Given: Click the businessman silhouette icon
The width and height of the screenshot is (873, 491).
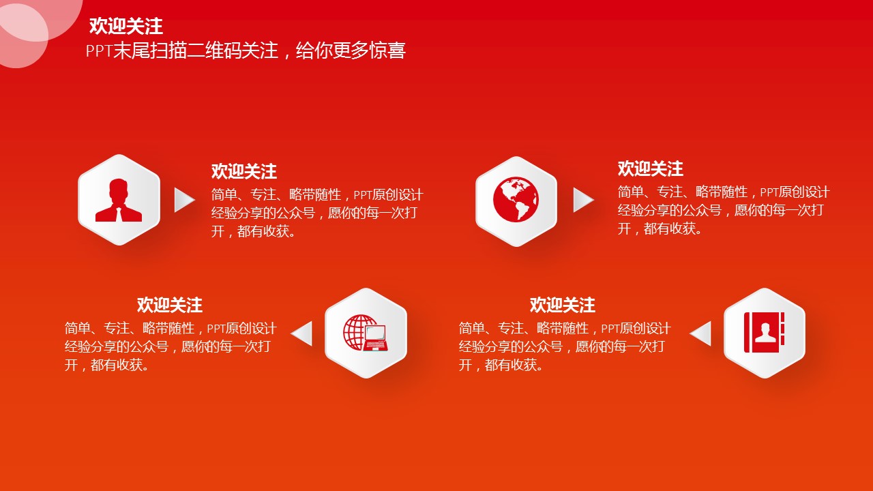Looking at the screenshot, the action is click(x=119, y=200).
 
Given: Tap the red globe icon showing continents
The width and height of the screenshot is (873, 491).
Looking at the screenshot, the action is click(x=516, y=200).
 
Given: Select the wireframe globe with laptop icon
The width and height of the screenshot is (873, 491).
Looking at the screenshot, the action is click(x=366, y=333).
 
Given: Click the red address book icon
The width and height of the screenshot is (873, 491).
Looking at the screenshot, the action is click(x=764, y=332).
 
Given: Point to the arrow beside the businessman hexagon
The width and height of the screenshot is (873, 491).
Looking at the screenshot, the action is click(x=184, y=200).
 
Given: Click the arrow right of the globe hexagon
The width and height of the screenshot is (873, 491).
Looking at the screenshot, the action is click(x=583, y=200).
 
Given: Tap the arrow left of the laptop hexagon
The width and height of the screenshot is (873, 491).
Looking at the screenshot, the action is click(x=302, y=333).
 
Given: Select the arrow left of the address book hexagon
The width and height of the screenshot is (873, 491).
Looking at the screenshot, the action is click(x=700, y=333).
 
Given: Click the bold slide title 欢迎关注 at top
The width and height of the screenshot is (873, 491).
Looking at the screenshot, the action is click(x=126, y=26).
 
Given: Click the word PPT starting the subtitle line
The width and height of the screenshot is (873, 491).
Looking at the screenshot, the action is click(x=99, y=51).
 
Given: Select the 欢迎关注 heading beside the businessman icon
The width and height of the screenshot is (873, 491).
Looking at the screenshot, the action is click(x=244, y=171).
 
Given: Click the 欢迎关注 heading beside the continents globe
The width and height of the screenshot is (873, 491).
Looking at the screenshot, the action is click(x=651, y=168).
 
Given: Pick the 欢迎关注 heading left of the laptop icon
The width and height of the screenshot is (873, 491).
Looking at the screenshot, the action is click(x=170, y=305).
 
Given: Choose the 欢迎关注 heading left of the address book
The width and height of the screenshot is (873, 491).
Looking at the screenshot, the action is click(x=563, y=305).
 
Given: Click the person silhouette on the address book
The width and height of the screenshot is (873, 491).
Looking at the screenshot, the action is click(x=765, y=333).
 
